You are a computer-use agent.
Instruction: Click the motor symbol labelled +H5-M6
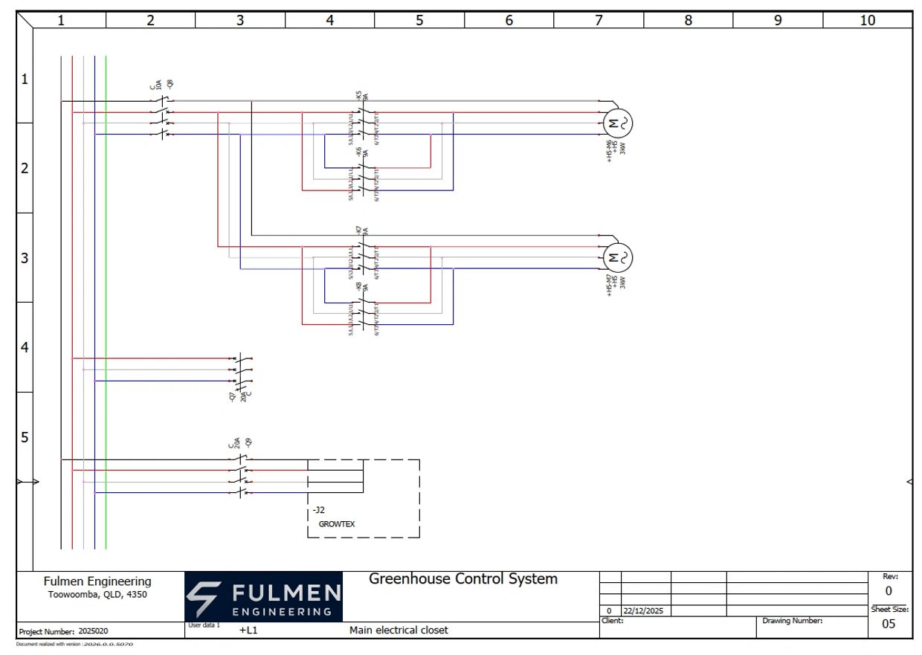click(616, 123)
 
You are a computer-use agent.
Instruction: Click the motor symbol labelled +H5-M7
click(616, 258)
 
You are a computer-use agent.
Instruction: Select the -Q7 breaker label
click(233, 397)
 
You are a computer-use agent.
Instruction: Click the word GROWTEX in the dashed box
click(337, 524)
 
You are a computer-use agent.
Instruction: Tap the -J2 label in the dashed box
click(319, 511)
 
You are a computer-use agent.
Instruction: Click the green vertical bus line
click(106, 297)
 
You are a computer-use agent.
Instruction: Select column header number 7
click(599, 21)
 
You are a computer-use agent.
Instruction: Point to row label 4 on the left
click(25, 347)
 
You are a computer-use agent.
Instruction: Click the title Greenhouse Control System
click(463, 579)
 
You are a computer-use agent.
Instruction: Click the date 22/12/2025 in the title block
click(643, 611)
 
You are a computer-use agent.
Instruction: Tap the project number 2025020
click(94, 632)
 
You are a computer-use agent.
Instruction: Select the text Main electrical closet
click(399, 630)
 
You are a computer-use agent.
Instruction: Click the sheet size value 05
click(889, 625)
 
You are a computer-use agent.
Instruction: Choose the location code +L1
click(248, 630)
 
